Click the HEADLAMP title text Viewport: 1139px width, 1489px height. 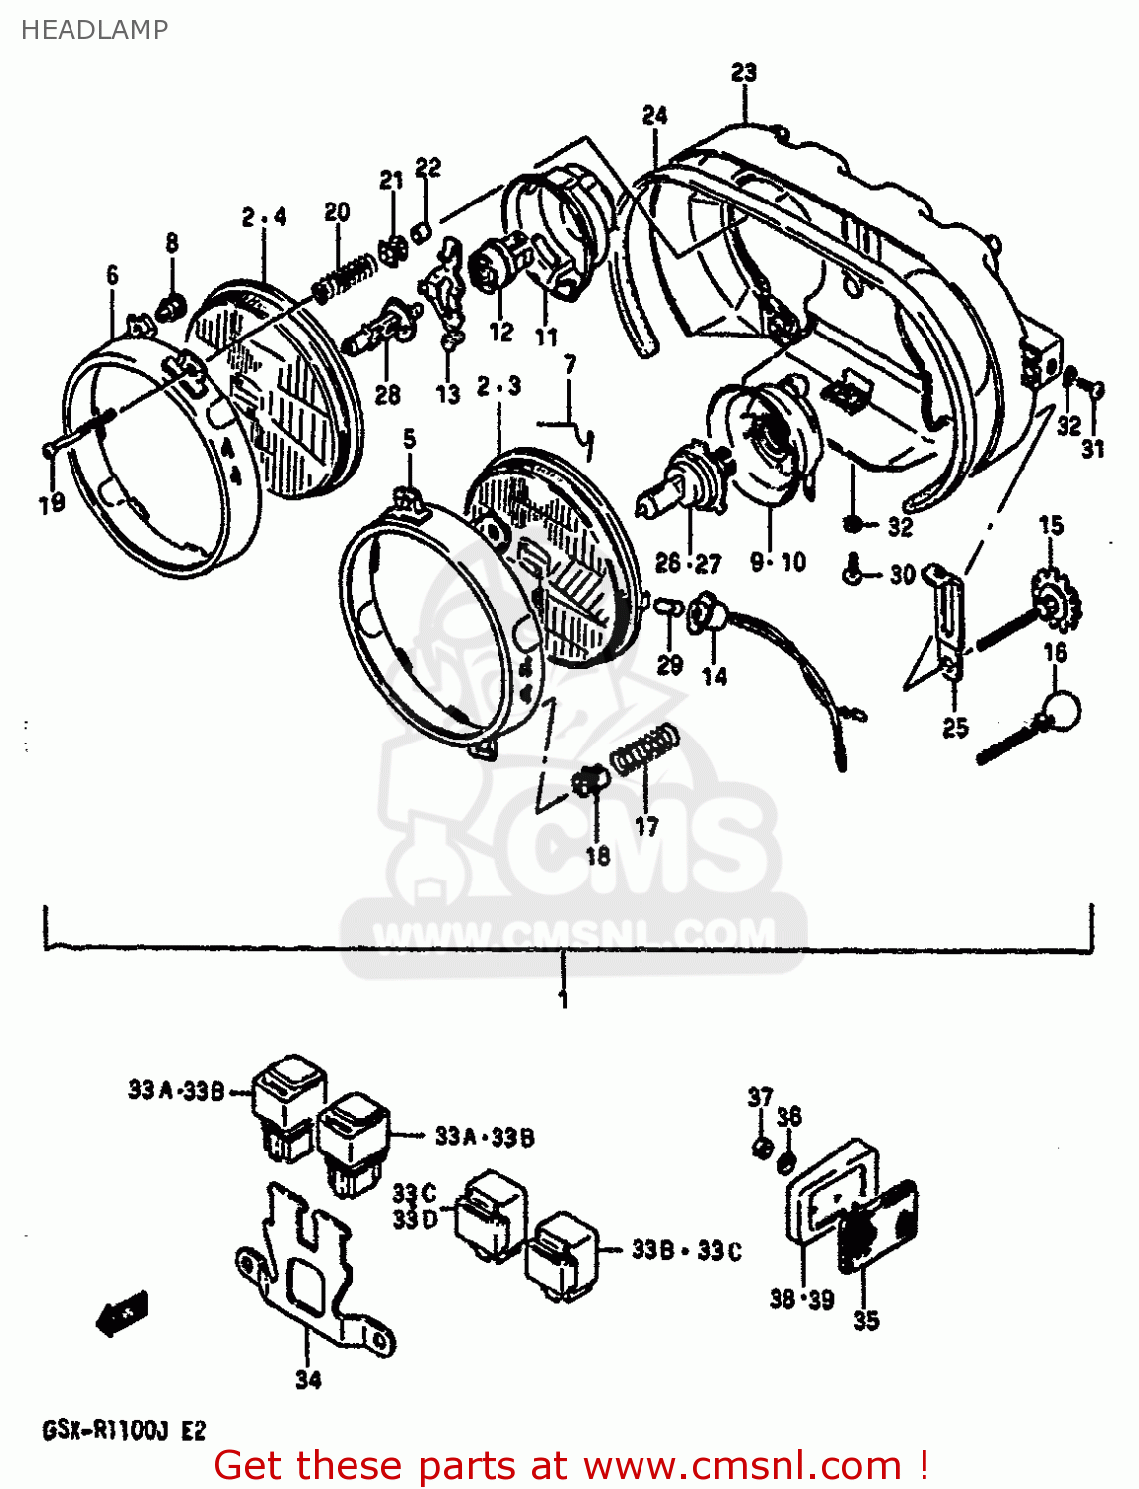[x=93, y=30]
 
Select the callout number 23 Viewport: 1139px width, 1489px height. [x=744, y=72]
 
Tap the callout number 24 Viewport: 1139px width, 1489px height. [x=654, y=115]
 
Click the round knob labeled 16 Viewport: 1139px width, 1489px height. [x=1060, y=709]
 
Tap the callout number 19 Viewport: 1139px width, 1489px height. [x=52, y=503]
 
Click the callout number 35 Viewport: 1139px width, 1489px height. [x=866, y=1320]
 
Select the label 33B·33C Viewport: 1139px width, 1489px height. [x=686, y=1250]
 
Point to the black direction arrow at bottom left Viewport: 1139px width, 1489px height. [x=122, y=1316]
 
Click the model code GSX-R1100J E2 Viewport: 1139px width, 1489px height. [x=123, y=1430]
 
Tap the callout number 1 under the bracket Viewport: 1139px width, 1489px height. [x=564, y=999]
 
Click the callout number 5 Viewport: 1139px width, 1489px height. [x=409, y=439]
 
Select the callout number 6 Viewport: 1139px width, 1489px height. [x=112, y=275]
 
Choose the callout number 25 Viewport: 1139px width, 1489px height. [x=955, y=728]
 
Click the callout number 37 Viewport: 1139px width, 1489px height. [x=760, y=1097]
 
